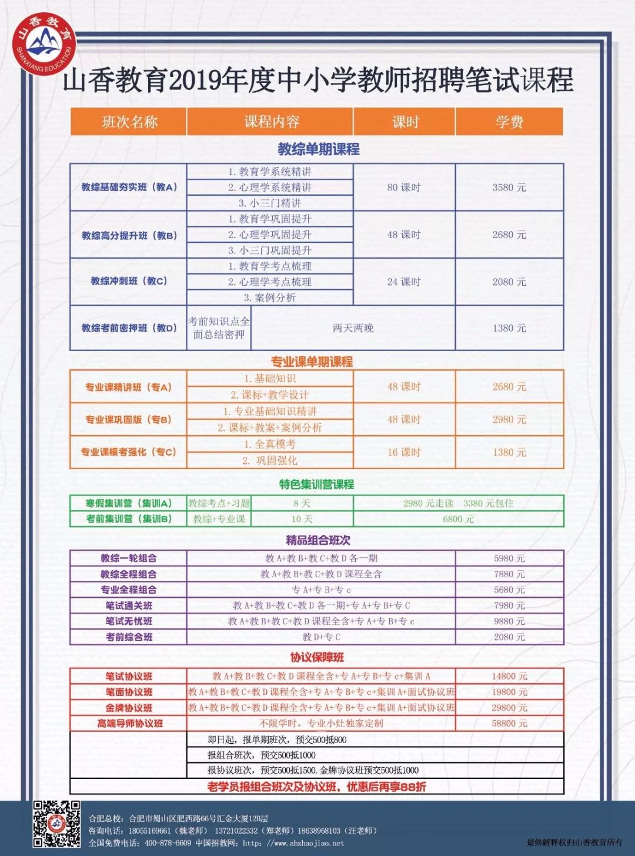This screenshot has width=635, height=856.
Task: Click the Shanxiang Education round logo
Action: [x=44, y=44]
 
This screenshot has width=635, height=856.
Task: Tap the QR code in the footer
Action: [x=56, y=823]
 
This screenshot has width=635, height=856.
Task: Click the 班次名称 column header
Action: [x=129, y=122]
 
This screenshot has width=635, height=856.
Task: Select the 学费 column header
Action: [x=509, y=122]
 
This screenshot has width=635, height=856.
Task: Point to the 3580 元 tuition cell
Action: [x=509, y=188]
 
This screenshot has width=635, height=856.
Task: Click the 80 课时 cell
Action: [x=404, y=188]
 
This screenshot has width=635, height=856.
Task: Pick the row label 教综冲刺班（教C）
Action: [x=129, y=281]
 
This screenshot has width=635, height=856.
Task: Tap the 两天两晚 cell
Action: [x=353, y=328]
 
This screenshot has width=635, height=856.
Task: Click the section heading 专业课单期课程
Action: [x=312, y=362]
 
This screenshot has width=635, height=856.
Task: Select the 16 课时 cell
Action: [x=404, y=452]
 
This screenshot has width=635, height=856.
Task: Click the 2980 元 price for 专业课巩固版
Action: [x=509, y=419]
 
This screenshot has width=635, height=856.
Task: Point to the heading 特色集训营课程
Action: [x=316, y=484]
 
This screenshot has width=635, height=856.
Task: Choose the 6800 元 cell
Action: [x=458, y=519]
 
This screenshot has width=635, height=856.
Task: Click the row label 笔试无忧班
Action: [x=129, y=621]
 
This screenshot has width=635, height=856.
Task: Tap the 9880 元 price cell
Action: [x=509, y=621]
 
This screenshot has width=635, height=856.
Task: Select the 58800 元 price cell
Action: [x=509, y=723]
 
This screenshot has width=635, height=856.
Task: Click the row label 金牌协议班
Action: [x=129, y=708]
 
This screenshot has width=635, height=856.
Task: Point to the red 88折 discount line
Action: [x=316, y=787]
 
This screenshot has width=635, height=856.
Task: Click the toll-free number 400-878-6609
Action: [x=168, y=843]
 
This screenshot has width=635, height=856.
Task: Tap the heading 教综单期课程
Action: [x=318, y=149]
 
